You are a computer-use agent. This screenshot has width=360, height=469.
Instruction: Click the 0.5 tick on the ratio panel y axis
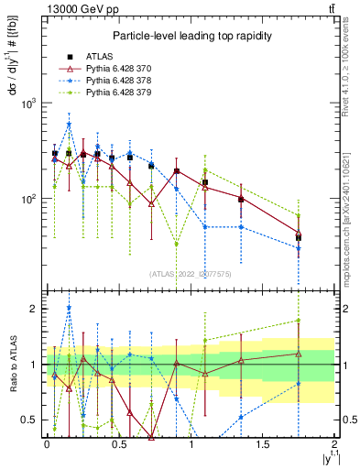[x=35, y=420]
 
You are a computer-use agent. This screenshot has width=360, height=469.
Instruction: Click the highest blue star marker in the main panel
[x=69, y=125]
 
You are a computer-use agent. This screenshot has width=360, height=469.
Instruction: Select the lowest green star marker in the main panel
[x=177, y=244]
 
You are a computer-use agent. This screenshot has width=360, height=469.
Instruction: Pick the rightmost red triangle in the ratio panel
[x=298, y=354]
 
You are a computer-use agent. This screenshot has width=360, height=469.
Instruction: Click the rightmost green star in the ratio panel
[x=298, y=321]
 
